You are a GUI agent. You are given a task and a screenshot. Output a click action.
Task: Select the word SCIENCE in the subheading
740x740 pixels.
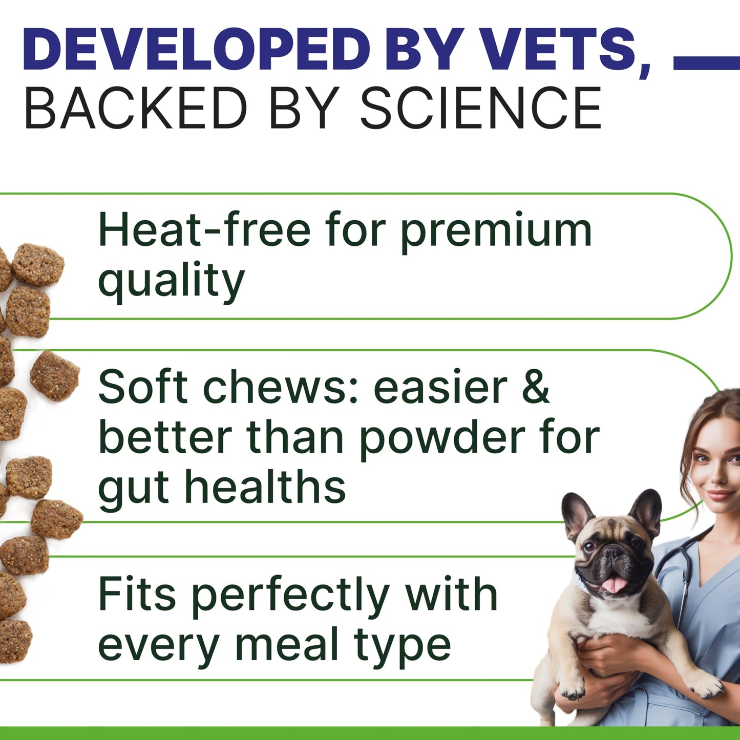[x=481, y=109]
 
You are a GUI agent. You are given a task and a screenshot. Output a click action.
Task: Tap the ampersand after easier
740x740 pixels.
[x=536, y=387]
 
